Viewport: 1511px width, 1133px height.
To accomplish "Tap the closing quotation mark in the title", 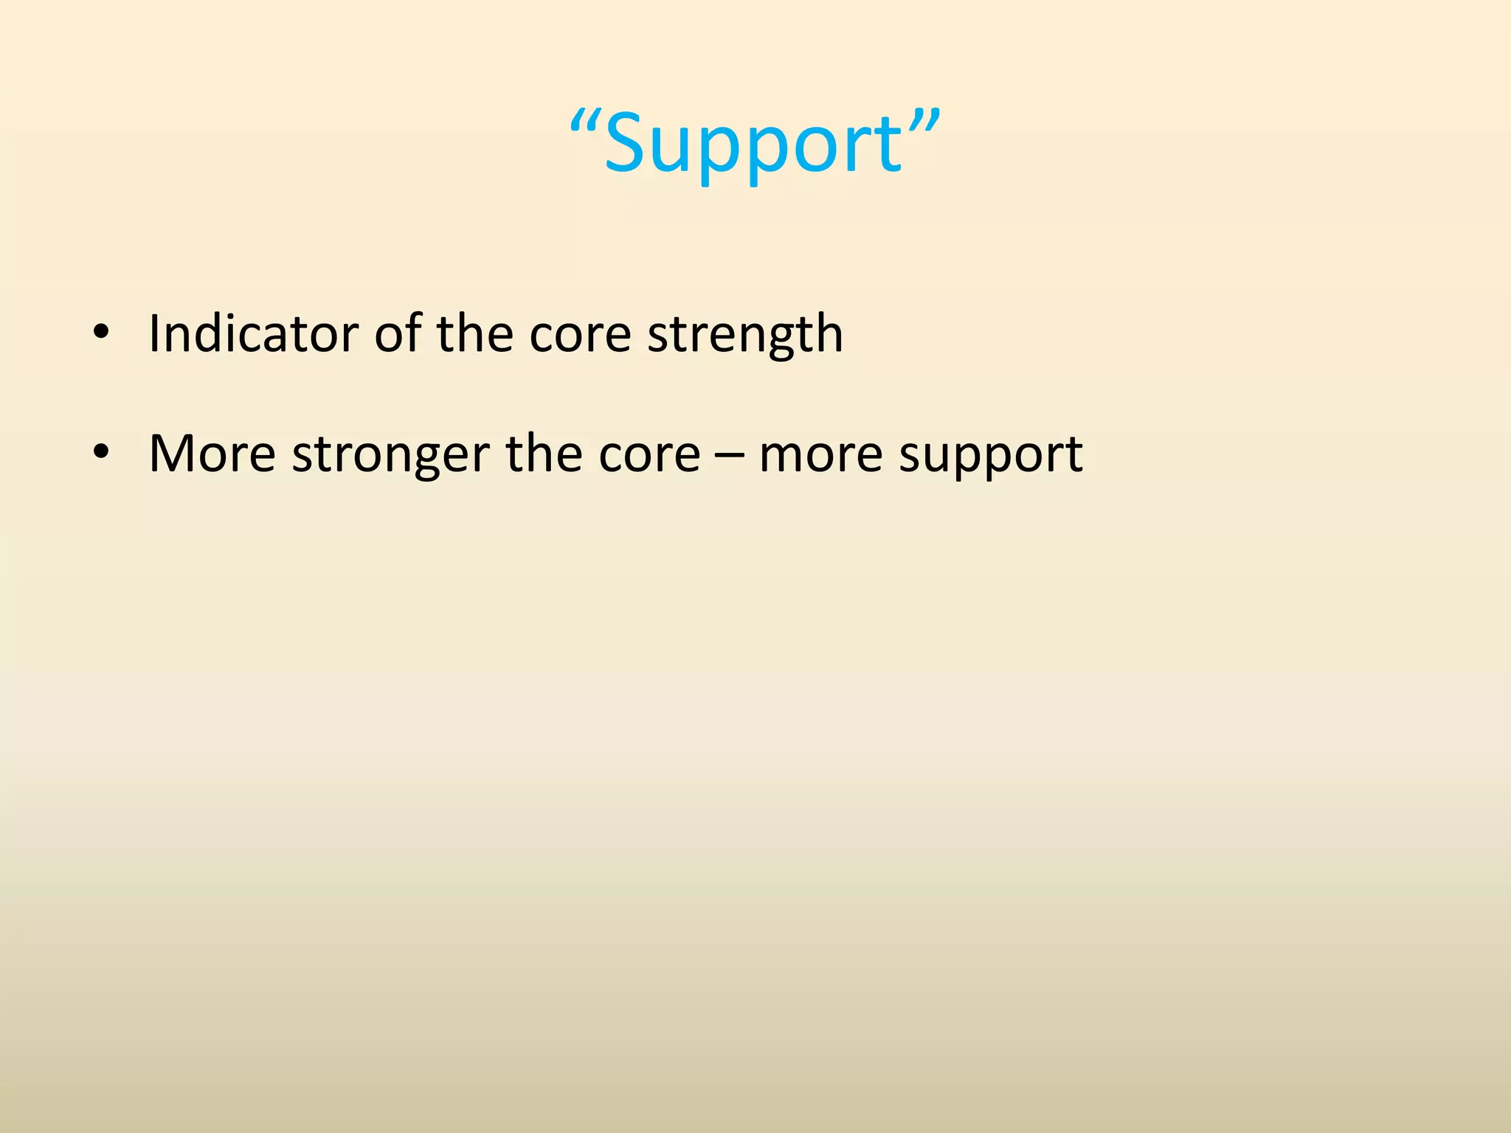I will [924, 121].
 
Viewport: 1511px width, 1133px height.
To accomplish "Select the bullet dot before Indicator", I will [101, 333].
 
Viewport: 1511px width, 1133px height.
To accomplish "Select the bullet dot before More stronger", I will [101, 451].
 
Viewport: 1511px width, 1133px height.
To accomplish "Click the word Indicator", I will [253, 333].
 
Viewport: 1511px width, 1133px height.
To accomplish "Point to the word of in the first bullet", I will [398, 333].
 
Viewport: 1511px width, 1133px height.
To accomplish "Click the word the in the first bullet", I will [474, 333].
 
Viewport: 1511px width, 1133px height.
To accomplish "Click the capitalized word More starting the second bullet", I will [212, 454].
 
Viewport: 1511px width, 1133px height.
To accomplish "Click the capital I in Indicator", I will [153, 333].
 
